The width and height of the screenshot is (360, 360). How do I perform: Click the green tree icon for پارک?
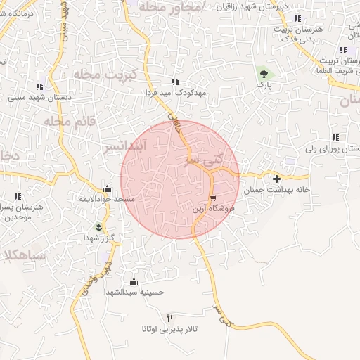point(264,72)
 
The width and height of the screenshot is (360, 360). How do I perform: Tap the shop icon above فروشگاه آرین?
point(213,198)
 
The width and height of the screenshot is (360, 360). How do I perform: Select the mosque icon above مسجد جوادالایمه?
point(106,188)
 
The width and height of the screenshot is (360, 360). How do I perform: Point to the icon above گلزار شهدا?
point(98,226)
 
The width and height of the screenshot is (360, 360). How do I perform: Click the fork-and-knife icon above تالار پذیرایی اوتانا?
point(169,318)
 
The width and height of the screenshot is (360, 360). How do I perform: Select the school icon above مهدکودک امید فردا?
point(174,82)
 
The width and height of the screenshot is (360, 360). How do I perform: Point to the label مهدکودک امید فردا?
point(174,92)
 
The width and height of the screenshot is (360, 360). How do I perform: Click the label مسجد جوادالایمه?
point(106,200)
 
